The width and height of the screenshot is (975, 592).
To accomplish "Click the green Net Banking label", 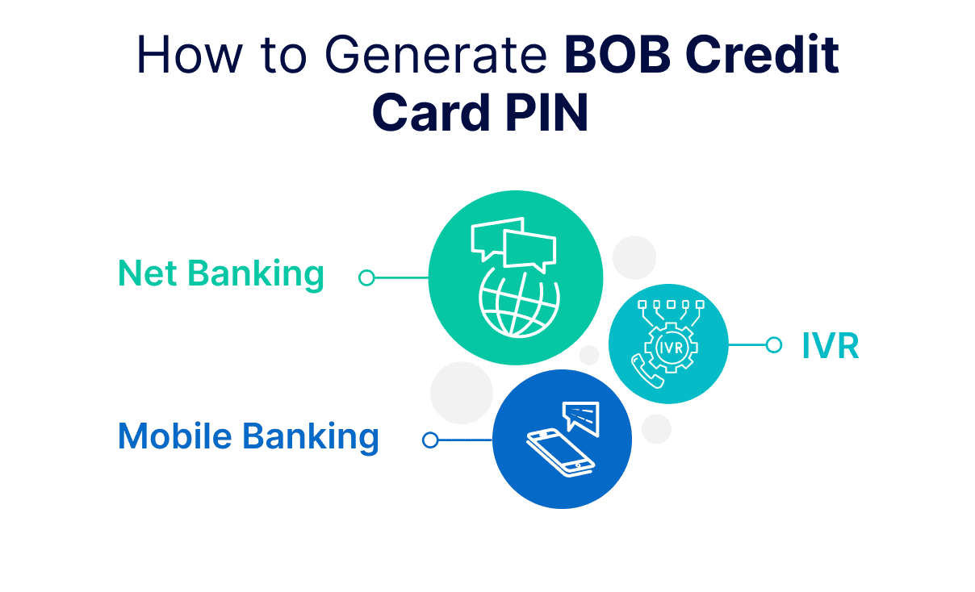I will (x=221, y=274).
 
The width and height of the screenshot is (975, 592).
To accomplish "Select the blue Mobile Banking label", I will (x=248, y=436).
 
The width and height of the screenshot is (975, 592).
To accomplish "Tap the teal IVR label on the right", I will (x=830, y=346).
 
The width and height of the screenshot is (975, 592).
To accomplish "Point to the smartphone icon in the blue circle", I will (x=560, y=453).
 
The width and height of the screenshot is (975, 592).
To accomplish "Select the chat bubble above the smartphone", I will (x=583, y=416).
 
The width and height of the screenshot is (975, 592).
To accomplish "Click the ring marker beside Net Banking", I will (x=366, y=278).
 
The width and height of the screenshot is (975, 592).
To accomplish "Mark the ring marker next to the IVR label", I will (x=773, y=345).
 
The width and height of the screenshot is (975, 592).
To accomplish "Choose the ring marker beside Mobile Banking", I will (x=431, y=440).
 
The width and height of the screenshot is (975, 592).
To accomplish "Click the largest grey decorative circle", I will (x=461, y=393).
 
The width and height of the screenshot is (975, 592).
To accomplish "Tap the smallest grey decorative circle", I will (x=589, y=355).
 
